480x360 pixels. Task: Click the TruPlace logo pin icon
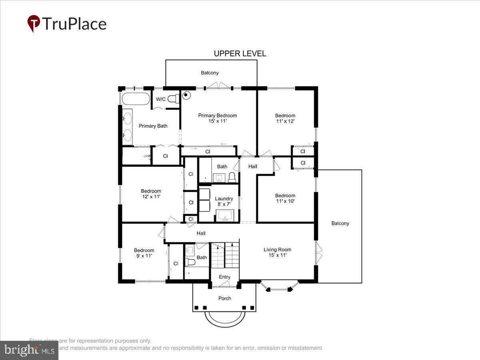coord(34,24)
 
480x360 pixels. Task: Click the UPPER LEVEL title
coord(240,54)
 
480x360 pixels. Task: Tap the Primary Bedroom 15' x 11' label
coord(218,118)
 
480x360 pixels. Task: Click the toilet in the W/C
coord(173,99)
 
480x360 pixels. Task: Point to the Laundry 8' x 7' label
coord(224,201)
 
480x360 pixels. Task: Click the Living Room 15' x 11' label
coord(277,252)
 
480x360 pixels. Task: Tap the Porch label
coord(224,298)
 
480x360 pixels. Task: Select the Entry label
coord(224,277)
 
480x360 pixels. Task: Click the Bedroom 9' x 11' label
coord(144,253)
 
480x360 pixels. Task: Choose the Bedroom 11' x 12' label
coord(285,118)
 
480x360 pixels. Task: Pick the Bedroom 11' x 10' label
coord(285,198)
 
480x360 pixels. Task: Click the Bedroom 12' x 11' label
coord(151,194)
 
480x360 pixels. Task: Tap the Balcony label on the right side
coord(340,223)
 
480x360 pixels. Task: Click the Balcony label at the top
coord(210,73)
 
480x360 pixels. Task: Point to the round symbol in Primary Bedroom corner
coord(186,95)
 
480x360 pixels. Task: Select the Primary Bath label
coord(153,126)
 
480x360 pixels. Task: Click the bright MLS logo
coord(29,350)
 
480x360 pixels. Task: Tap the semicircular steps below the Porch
coord(224,318)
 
